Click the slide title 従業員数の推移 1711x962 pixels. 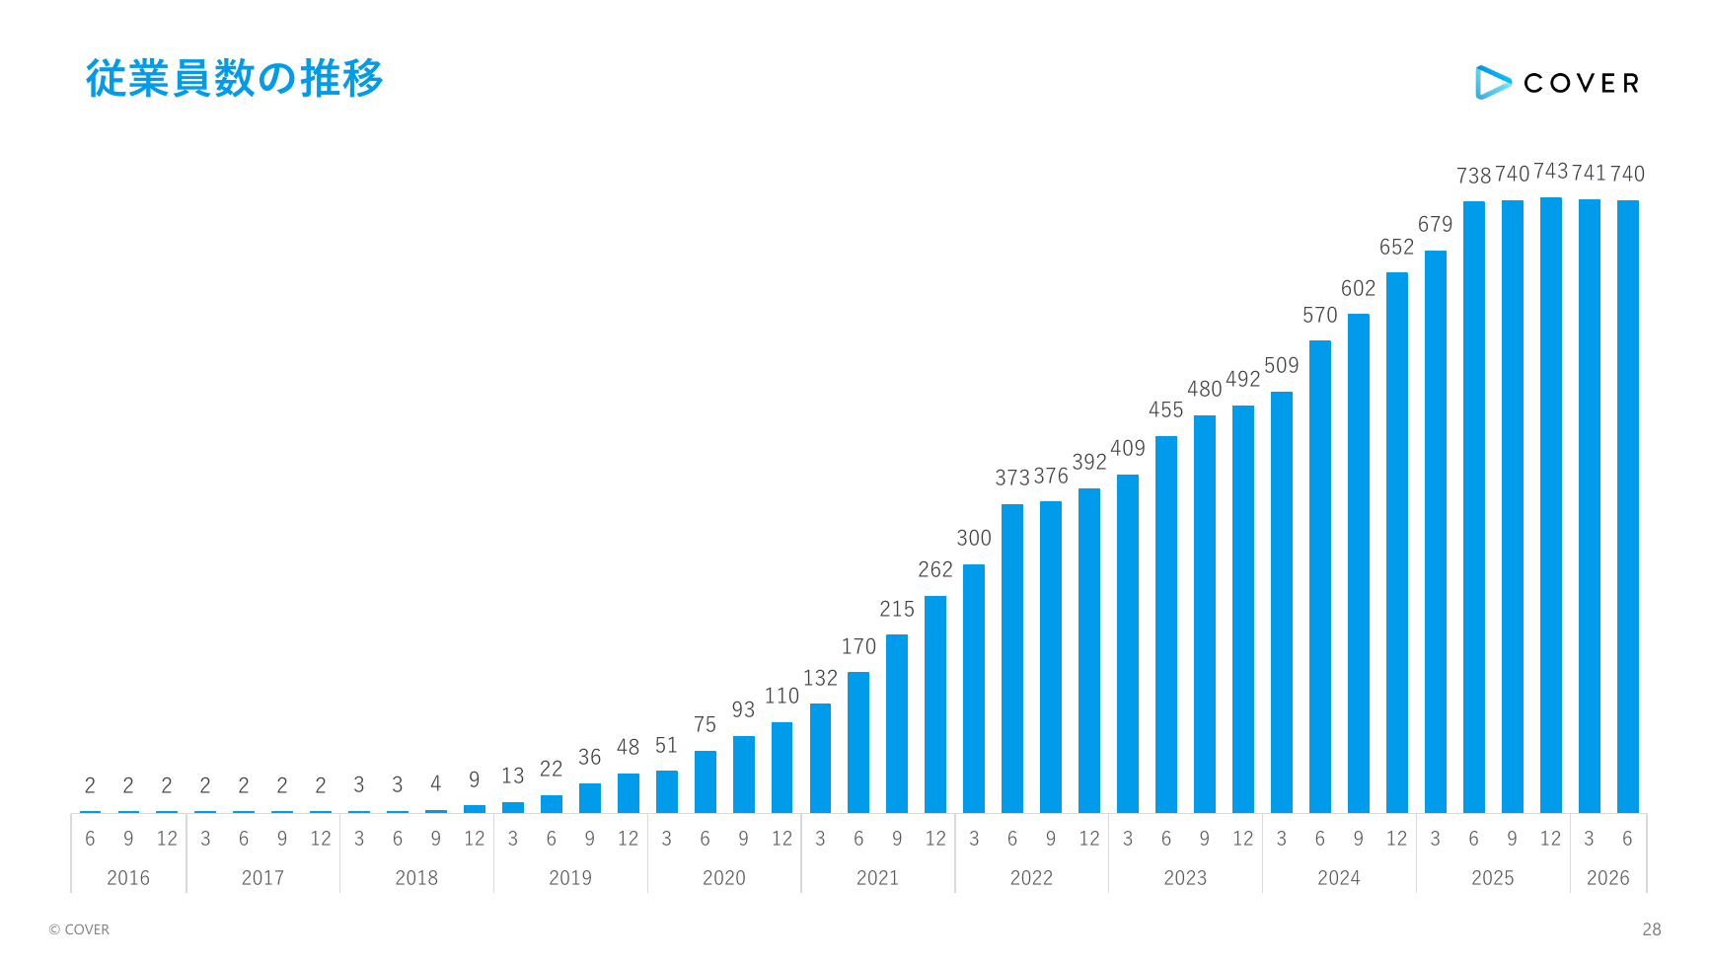[234, 79]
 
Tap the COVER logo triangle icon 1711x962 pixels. [1492, 83]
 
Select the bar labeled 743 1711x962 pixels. [1550, 505]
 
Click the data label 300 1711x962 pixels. [974, 538]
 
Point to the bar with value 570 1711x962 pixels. [1320, 577]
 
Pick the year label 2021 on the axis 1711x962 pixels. [877, 878]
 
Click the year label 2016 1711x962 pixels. [128, 878]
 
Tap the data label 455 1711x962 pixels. [1166, 409]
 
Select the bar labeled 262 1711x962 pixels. [935, 704]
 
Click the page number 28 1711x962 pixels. [1652, 929]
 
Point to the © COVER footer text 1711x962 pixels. [79, 929]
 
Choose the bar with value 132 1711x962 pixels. [820, 759]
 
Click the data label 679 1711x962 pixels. [1436, 224]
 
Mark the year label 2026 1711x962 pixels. [1607, 878]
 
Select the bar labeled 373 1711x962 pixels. [1012, 659]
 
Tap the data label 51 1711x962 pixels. [666, 746]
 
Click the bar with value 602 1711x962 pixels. [1359, 563]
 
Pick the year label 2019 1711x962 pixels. [570, 878]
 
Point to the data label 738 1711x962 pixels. [1474, 176]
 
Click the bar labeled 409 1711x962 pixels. [1128, 644]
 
